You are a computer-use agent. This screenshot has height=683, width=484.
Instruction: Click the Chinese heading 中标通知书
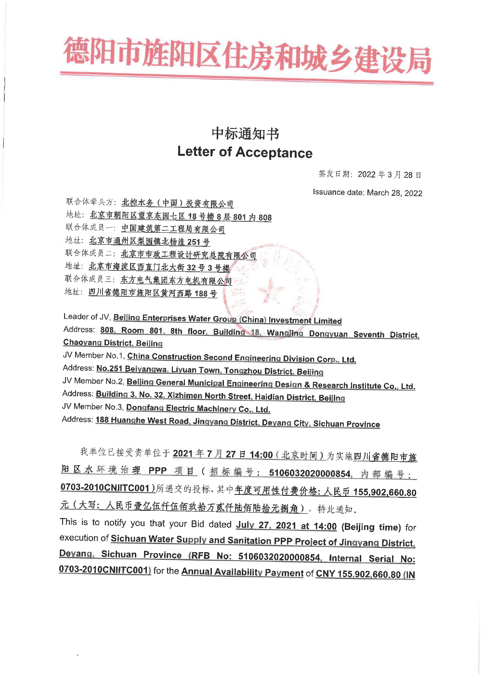point(245,134)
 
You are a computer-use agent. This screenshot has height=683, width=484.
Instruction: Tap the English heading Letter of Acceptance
point(245,152)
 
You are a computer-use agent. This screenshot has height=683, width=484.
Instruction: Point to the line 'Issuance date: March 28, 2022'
point(367,192)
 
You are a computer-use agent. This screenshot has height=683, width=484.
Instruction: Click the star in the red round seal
point(271,291)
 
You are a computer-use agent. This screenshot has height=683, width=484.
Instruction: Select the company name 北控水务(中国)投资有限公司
point(177,203)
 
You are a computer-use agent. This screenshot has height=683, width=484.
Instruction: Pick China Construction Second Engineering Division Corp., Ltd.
point(241,358)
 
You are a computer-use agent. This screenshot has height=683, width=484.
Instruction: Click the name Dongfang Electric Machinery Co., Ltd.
point(198,409)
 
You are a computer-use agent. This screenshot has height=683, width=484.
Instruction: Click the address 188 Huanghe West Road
point(142,421)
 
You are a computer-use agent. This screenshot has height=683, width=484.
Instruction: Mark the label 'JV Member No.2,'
point(93,381)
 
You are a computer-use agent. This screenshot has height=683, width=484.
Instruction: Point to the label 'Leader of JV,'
point(87,317)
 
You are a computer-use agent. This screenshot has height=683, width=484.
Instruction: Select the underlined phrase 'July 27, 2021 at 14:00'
point(286,526)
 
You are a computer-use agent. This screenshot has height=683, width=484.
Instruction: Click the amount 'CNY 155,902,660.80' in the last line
point(358,574)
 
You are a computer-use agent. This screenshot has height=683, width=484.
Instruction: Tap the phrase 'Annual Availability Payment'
point(242,572)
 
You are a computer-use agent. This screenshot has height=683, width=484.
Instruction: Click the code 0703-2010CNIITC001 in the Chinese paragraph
point(105,488)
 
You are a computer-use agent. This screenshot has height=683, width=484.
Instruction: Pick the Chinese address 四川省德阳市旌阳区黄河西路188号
point(153,293)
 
